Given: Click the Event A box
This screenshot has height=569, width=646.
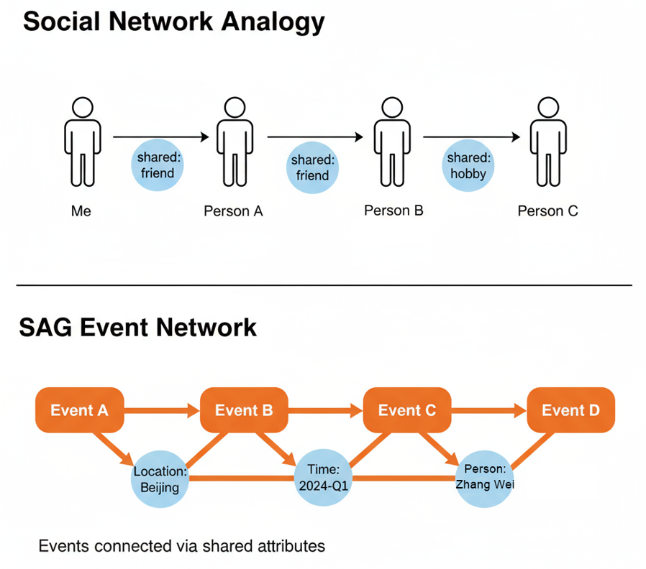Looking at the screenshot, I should pyautogui.click(x=79, y=410).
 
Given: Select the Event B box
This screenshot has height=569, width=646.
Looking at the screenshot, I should pyautogui.click(x=244, y=410).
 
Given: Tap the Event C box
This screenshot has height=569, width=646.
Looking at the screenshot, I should pyautogui.click(x=407, y=410).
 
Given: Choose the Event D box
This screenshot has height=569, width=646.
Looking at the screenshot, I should pyautogui.click(x=570, y=410).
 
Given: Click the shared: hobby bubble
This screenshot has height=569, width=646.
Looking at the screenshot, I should pyautogui.click(x=468, y=165).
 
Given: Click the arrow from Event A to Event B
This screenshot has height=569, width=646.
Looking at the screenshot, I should pyautogui.click(x=162, y=411).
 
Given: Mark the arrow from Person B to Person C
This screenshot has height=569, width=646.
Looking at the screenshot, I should pyautogui.click(x=471, y=136).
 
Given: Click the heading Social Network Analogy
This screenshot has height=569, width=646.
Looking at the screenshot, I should pyautogui.click(x=173, y=23).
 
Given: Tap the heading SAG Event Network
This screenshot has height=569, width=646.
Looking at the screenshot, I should pyautogui.click(x=137, y=327).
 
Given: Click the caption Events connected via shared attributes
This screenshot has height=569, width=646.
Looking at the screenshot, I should pyautogui.click(x=181, y=546).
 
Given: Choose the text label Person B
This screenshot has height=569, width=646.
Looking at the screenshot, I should pyautogui.click(x=393, y=211).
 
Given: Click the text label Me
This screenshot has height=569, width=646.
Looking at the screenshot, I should pyautogui.click(x=81, y=211).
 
